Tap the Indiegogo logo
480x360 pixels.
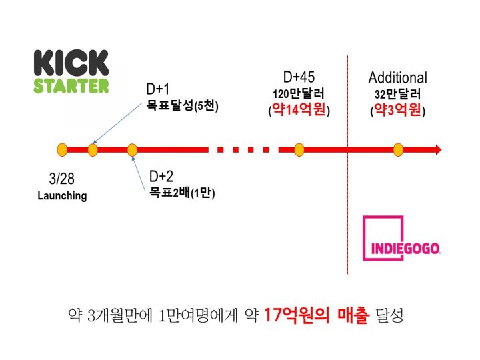tap(404, 239)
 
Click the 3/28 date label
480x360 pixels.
tap(61, 179)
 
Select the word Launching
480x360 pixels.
tap(62, 196)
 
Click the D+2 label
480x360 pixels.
tap(161, 177)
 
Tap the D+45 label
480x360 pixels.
tap(299, 78)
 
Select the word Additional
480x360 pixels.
tap(398, 78)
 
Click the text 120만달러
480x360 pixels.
tap(299, 94)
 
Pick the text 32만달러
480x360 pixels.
tap(398, 94)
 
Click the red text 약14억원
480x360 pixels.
tap(299, 111)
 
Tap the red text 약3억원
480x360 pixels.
tap(398, 111)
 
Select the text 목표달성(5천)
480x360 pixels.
tap(183, 105)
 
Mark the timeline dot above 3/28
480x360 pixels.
tap(62, 149)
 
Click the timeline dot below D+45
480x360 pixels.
tap(299, 149)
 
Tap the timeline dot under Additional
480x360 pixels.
tap(398, 149)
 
